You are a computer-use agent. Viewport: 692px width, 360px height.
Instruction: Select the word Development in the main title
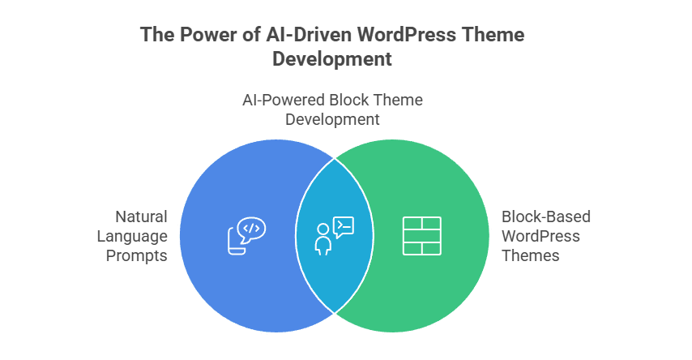tap(332, 59)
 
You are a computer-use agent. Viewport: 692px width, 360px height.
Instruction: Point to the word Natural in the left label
tap(141, 216)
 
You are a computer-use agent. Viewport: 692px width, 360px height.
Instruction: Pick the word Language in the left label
tap(132, 236)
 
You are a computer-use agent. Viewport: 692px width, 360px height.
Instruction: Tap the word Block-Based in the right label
tap(546, 216)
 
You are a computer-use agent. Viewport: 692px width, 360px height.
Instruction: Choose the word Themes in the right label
tap(531, 255)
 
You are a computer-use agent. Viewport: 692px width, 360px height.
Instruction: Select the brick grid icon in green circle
tap(421, 236)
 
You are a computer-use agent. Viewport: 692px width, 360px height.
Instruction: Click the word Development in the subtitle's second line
tap(332, 119)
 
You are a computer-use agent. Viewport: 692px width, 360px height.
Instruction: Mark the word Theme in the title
tap(494, 36)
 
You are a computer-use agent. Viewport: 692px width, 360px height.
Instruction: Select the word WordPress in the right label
tap(540, 236)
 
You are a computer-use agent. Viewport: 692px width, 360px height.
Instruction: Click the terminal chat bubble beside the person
tap(343, 226)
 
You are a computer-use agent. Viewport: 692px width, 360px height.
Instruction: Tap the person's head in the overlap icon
tap(323, 229)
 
